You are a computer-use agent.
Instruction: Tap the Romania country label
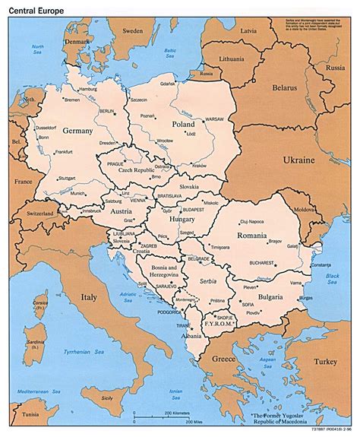coord(258,236)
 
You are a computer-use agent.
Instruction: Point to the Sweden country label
coord(133,33)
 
